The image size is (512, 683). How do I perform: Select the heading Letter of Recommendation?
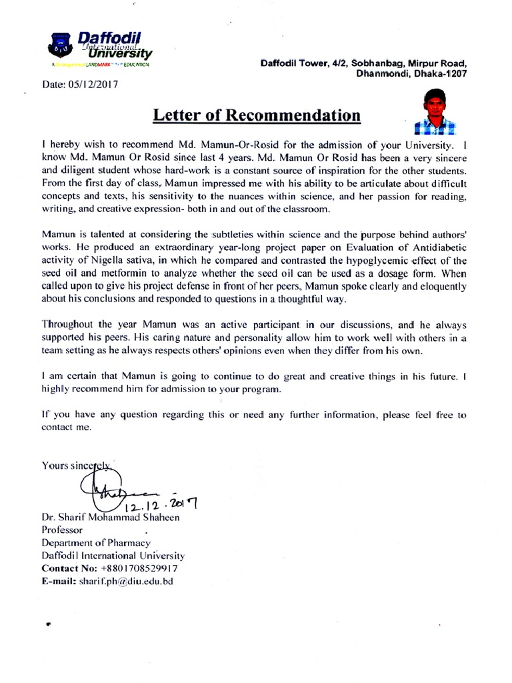[x=257, y=115]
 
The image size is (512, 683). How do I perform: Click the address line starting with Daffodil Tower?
[x=363, y=63]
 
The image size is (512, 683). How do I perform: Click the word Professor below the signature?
[x=62, y=530]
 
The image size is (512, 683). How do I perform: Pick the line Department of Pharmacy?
[x=96, y=543]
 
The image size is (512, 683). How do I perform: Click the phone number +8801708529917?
[x=139, y=568]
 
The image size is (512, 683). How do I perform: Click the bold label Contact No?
[x=69, y=568]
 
